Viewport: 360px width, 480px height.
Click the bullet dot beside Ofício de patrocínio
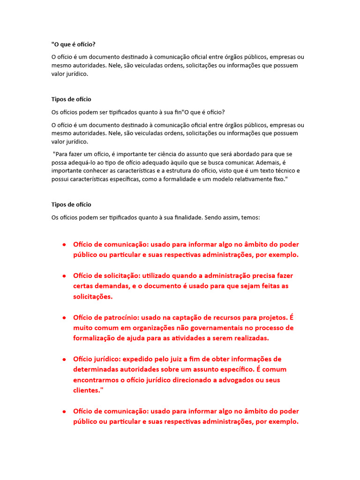point(63,318)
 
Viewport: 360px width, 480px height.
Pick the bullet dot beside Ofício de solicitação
point(63,276)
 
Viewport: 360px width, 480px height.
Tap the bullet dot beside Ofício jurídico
point(63,360)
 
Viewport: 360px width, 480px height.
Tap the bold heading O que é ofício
point(74,45)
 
